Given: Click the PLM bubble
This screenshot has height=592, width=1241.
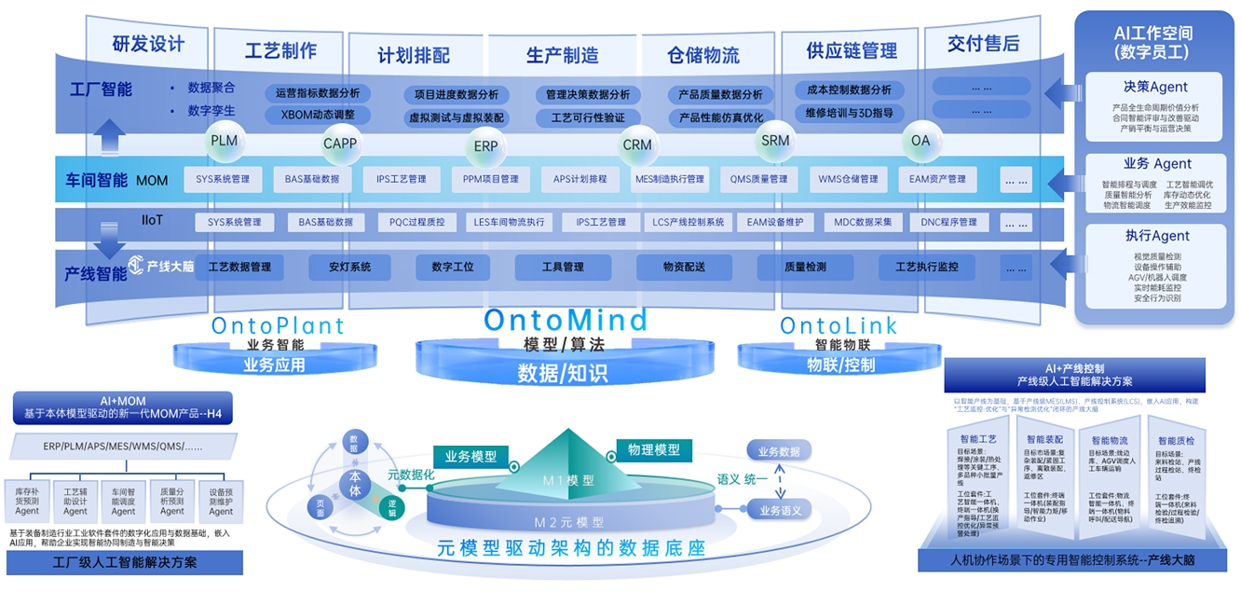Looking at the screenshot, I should (224, 142).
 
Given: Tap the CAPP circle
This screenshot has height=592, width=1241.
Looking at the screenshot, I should (340, 145).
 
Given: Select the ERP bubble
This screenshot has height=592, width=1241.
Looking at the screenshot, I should (485, 146).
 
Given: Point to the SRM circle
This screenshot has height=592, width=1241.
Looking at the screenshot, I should (775, 142).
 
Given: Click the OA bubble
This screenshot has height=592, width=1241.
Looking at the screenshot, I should (921, 142).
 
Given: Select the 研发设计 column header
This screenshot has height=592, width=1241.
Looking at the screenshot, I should (148, 44).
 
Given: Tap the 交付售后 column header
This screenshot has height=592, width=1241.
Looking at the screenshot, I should (983, 44).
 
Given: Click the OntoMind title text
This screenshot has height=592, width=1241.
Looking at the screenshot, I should (566, 321).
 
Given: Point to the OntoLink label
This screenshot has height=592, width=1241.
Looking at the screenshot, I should (839, 325).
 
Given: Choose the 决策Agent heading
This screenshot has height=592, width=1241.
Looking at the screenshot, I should (1155, 87).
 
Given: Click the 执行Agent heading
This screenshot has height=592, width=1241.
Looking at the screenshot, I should (1155, 236).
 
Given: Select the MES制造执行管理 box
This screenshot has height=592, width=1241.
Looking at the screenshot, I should (669, 179).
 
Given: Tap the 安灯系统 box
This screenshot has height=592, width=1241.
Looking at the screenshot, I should (350, 268).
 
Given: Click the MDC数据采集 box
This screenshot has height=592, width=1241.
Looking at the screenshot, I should (863, 223).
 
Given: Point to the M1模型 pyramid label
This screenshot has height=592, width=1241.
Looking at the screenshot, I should (568, 481).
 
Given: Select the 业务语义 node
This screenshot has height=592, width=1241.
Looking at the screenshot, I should (779, 510).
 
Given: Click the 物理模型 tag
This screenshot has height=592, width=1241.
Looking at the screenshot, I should (653, 450).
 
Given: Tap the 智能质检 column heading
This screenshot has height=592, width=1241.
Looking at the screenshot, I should (1176, 440).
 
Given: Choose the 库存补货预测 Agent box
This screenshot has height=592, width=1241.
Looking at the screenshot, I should (27, 500).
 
